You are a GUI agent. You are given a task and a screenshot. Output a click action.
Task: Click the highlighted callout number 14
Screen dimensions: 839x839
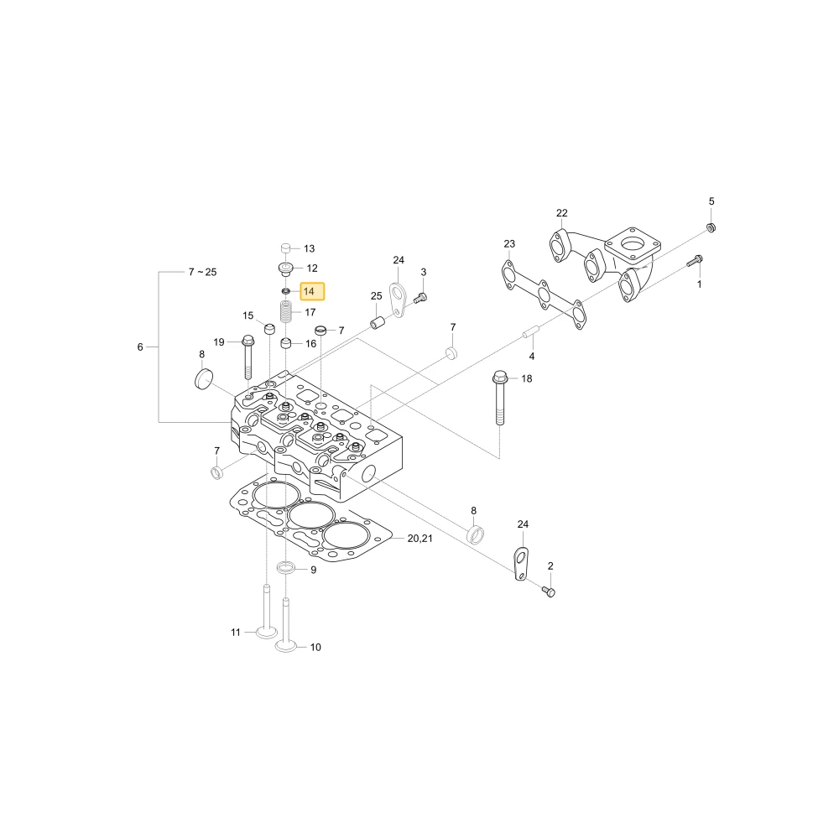[309, 292]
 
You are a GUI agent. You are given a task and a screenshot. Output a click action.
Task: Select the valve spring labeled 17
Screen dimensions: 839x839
[287, 311]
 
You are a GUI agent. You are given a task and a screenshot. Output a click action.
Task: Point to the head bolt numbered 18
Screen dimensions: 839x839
[498, 397]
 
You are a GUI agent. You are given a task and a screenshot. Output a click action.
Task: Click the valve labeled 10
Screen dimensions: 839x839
[286, 625]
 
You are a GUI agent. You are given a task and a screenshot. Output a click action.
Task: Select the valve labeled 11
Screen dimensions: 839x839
[267, 612]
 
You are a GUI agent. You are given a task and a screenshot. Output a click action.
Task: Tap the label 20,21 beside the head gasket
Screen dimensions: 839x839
[420, 539]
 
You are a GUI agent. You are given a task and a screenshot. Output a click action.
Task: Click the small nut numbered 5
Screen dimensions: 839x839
[711, 227]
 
